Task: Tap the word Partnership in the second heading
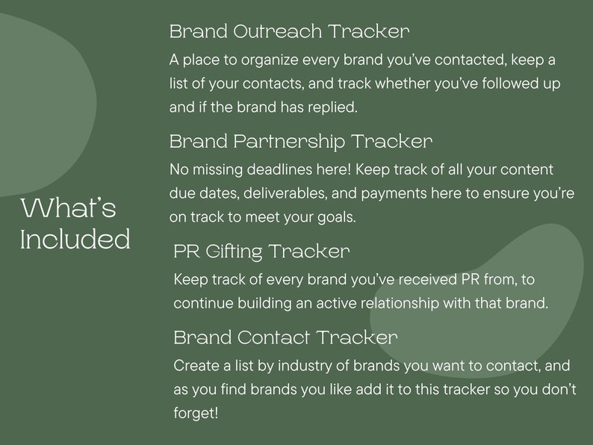tap(289, 141)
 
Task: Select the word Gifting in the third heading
tap(231, 252)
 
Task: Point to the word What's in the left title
tap(68, 208)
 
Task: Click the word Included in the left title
tap(75, 240)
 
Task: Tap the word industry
tap(338, 366)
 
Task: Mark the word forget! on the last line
tap(196, 413)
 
